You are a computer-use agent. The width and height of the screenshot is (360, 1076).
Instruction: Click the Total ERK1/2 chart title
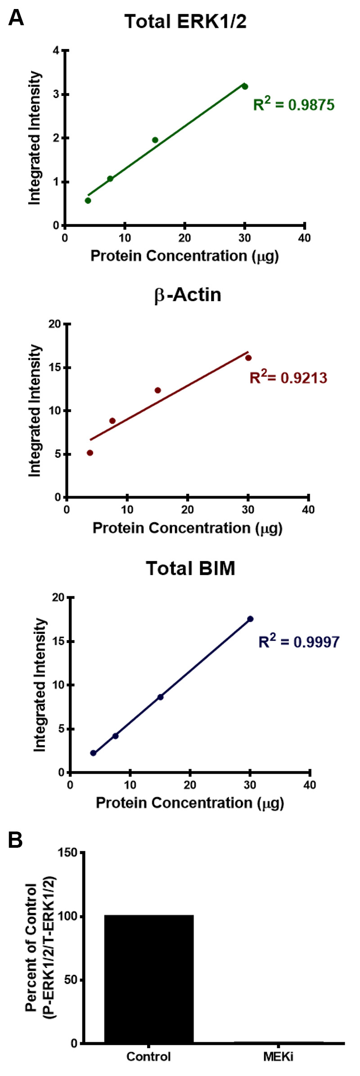(185, 22)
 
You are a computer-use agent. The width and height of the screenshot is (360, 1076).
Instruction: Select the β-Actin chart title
(188, 295)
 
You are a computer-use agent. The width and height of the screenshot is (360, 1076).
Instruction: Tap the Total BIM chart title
(190, 568)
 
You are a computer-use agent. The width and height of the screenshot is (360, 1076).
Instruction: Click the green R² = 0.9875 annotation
(294, 104)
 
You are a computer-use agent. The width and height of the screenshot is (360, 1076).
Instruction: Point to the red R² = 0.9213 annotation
(288, 377)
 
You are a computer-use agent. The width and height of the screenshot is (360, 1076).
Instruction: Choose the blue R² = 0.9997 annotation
(298, 641)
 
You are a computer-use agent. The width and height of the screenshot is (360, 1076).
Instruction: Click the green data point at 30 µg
(245, 86)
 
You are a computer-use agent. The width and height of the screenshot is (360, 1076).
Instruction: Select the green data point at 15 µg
(155, 140)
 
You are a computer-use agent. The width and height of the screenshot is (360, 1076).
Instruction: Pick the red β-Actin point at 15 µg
(157, 390)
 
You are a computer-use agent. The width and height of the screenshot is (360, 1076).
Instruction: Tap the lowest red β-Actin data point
(90, 453)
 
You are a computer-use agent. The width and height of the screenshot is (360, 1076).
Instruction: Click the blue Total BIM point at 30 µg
(250, 619)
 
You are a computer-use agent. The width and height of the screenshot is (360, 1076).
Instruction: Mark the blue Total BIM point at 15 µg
(160, 697)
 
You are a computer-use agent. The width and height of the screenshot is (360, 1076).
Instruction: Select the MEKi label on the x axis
(278, 1056)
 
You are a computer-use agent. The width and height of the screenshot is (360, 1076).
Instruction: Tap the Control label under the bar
(148, 1056)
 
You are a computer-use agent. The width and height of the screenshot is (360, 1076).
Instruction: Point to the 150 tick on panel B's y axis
(67, 853)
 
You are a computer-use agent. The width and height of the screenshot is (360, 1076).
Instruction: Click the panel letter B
(16, 840)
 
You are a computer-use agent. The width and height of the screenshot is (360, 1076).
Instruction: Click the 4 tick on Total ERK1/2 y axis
(56, 50)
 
